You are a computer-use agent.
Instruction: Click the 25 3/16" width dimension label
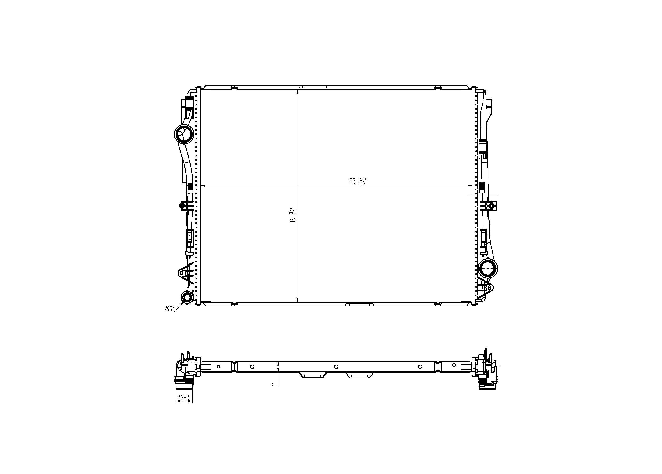358,181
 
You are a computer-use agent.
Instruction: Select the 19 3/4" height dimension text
293,216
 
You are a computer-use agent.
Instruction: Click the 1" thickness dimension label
274,385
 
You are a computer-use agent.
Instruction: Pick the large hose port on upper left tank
184,134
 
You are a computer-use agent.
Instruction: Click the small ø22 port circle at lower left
187,297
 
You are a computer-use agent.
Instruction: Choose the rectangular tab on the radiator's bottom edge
359,305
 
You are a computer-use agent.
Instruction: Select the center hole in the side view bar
336,366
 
